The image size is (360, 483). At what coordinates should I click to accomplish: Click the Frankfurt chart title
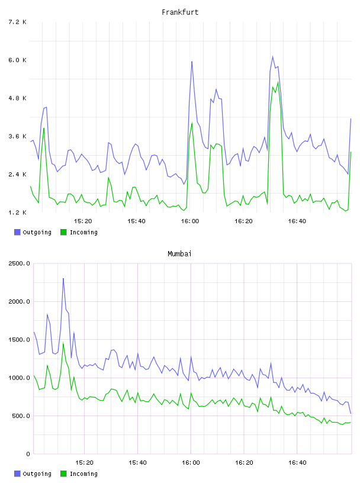tap(180, 12)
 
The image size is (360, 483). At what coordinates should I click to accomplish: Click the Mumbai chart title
tap(179, 254)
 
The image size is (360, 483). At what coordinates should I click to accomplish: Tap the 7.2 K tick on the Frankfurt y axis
tap(18, 22)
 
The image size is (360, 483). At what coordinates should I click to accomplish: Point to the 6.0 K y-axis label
tap(18, 60)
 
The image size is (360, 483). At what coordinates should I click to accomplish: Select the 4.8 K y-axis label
tap(18, 98)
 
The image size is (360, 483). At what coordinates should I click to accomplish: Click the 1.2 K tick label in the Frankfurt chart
tap(18, 212)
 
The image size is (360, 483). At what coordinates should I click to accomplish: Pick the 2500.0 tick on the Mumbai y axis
tap(20, 263)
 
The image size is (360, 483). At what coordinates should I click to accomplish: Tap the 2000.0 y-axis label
tap(20, 301)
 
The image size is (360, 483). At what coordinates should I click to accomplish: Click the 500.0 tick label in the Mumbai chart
tap(21, 416)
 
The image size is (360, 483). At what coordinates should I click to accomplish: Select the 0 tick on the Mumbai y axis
tap(28, 454)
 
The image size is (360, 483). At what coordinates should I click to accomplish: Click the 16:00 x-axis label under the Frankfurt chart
tap(190, 221)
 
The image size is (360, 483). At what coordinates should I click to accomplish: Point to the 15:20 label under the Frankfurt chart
tap(83, 221)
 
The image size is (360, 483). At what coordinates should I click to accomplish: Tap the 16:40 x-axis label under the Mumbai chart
tap(297, 463)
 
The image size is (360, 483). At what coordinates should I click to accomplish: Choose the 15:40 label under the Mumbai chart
tap(137, 463)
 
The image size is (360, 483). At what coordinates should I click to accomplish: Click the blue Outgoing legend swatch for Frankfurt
tap(17, 232)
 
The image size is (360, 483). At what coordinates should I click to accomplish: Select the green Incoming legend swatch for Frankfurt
tap(63, 232)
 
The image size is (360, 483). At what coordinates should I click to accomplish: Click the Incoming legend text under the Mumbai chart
tap(83, 474)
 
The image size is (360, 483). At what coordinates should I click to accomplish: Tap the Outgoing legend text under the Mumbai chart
tap(37, 474)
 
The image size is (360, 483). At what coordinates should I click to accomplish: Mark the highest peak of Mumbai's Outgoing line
tap(63, 278)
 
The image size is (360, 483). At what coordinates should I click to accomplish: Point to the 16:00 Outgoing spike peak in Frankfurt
tap(192, 62)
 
